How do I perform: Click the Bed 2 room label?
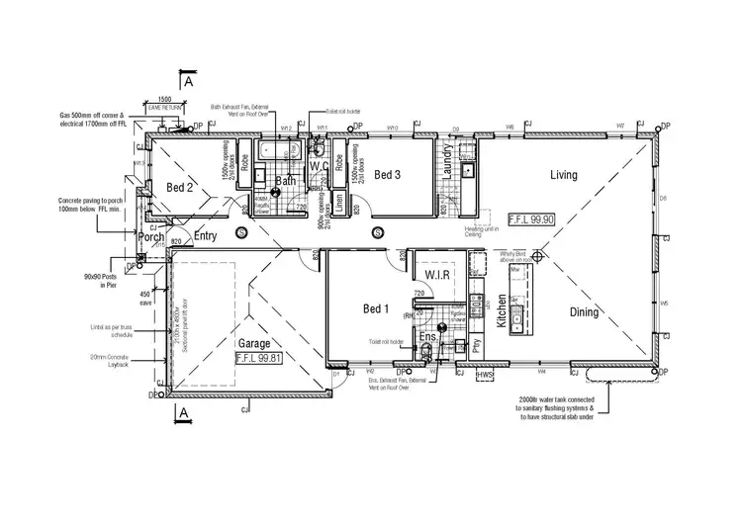coord(179,188)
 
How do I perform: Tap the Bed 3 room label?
coord(387,175)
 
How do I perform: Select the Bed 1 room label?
coord(377,307)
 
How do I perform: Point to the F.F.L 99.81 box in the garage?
coord(260,360)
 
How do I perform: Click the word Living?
coord(563,175)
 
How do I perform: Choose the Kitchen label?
coord(502,311)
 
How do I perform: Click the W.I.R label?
coord(438,273)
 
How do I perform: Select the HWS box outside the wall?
coord(485,376)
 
